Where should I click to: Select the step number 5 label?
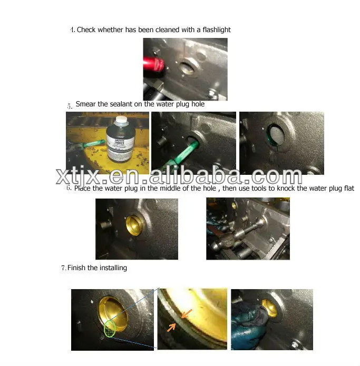(69, 106)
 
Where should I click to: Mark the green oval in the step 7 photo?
(110, 328)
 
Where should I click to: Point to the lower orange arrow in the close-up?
(171, 328)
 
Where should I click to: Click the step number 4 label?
(72, 30)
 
